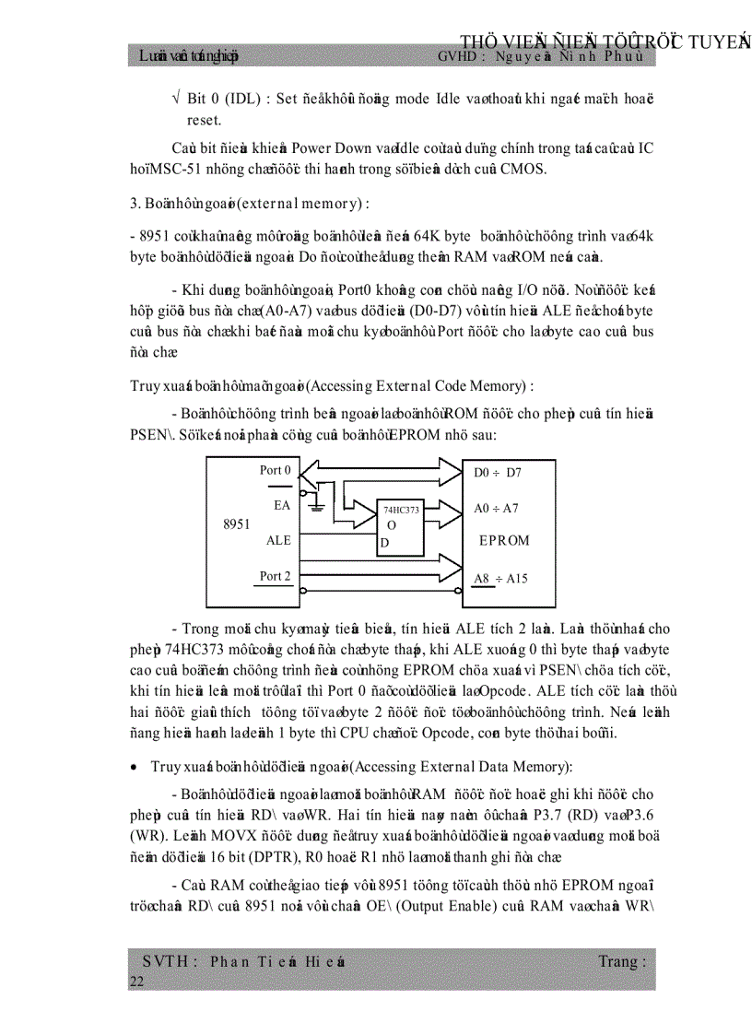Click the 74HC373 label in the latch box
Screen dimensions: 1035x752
click(401, 510)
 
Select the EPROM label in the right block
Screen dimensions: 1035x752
click(504, 541)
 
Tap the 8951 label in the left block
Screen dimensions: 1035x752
click(237, 524)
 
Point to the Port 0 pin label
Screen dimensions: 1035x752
click(276, 471)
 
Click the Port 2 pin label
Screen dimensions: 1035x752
click(276, 576)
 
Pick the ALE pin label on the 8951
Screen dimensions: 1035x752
click(278, 541)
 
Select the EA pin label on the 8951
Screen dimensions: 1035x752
click(282, 506)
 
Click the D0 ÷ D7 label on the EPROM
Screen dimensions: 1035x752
click(498, 473)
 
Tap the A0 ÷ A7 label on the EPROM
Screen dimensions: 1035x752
click(497, 508)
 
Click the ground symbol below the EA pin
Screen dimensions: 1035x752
click(317, 506)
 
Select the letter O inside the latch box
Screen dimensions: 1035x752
click(392, 525)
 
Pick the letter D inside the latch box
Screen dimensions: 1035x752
click(385, 543)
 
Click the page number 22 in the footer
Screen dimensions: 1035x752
click(137, 982)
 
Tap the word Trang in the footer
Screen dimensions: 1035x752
click(621, 961)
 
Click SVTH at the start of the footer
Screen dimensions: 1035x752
click(166, 961)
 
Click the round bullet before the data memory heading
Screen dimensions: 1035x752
click(135, 767)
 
